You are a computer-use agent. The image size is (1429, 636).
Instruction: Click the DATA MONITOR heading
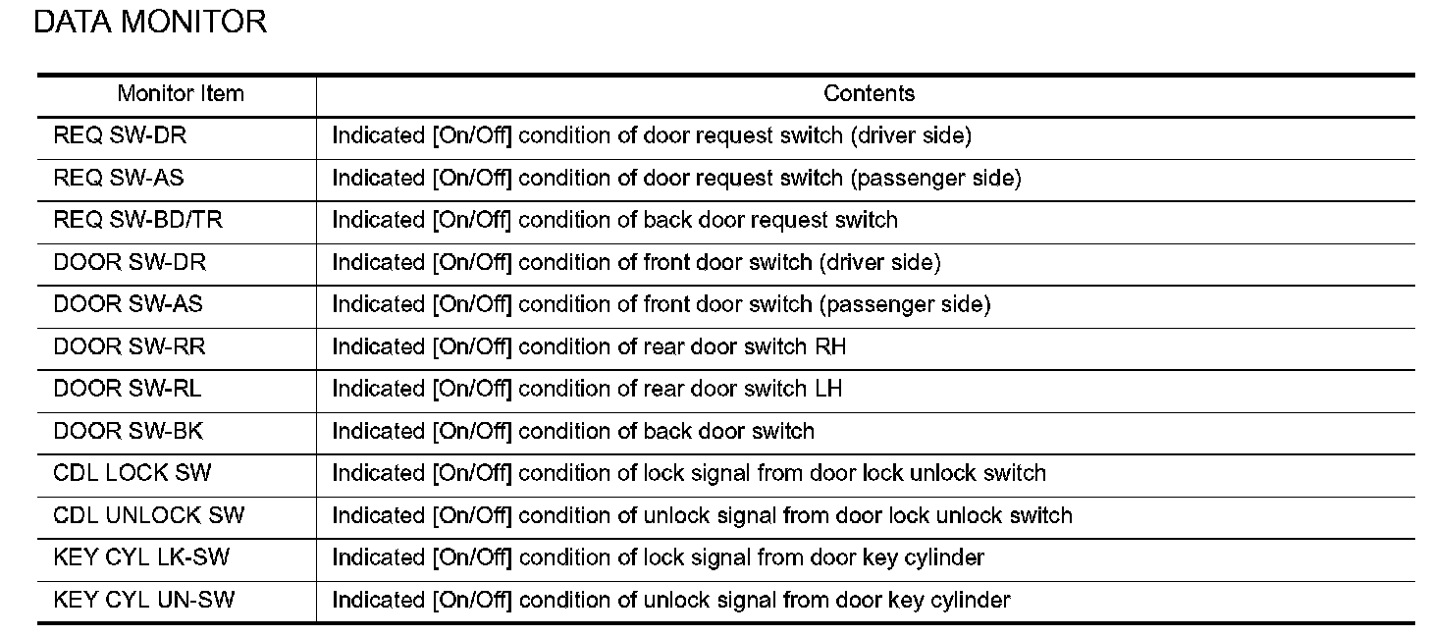pyautogui.click(x=150, y=22)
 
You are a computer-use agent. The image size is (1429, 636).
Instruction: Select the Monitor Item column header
pyautogui.click(x=181, y=94)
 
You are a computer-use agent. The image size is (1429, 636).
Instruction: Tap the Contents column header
pyautogui.click(x=869, y=94)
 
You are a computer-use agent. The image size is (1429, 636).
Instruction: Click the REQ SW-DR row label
pyautogui.click(x=120, y=135)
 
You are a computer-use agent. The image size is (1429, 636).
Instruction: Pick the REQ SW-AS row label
pyautogui.click(x=119, y=178)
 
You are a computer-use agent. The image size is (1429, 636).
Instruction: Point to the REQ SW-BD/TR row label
pyautogui.click(x=137, y=220)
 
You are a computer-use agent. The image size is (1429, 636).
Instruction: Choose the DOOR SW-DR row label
pyautogui.click(x=130, y=262)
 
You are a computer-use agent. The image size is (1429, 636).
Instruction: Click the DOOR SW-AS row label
pyautogui.click(x=128, y=303)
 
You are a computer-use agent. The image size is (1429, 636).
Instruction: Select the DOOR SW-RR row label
pyautogui.click(x=130, y=346)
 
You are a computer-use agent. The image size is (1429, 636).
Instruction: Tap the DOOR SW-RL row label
pyautogui.click(x=127, y=388)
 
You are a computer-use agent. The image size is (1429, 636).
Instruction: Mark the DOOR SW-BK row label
pyautogui.click(x=129, y=431)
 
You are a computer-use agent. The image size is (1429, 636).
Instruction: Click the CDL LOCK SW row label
pyautogui.click(x=132, y=473)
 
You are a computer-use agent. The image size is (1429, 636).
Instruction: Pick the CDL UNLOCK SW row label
pyautogui.click(x=148, y=515)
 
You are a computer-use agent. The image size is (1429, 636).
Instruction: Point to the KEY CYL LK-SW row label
pyautogui.click(x=141, y=556)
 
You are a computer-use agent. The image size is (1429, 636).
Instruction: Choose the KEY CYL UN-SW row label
pyautogui.click(x=144, y=600)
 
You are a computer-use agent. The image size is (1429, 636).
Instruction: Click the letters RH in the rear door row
pyautogui.click(x=830, y=346)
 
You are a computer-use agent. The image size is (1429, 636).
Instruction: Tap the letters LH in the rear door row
pyautogui.click(x=828, y=388)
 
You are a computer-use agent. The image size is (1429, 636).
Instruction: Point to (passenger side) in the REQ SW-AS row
pyautogui.click(x=936, y=178)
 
